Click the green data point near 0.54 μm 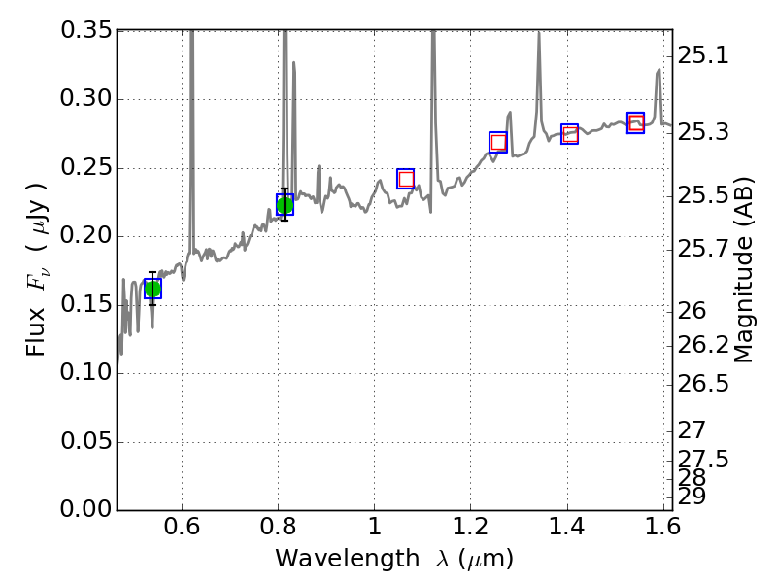pyautogui.click(x=152, y=289)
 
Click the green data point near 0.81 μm pyautogui.click(x=285, y=205)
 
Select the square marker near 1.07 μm pyautogui.click(x=406, y=179)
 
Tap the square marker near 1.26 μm pyautogui.click(x=498, y=142)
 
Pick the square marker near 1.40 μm pyautogui.click(x=570, y=134)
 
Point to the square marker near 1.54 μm pyautogui.click(x=636, y=122)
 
